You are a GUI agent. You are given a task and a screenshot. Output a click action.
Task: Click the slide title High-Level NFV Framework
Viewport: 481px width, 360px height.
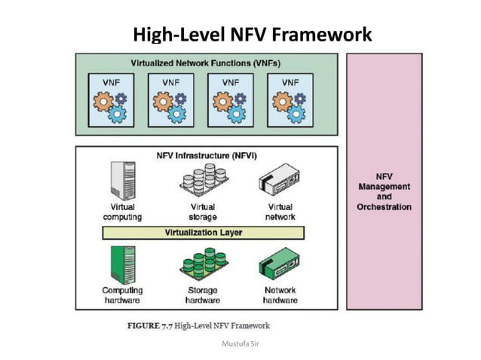click(x=252, y=35)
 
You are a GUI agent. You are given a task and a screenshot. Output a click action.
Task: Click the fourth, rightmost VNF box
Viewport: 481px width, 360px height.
click(x=290, y=100)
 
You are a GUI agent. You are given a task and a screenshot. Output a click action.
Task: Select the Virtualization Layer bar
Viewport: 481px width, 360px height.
click(x=204, y=233)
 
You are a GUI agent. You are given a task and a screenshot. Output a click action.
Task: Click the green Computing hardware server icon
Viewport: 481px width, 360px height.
click(x=122, y=263)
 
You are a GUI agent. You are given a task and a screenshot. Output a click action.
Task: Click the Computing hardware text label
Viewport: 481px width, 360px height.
click(x=122, y=295)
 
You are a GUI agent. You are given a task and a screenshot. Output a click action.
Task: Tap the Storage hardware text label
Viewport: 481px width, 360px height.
click(x=202, y=295)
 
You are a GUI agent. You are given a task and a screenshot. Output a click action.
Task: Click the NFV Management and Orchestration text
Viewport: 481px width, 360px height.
click(x=384, y=191)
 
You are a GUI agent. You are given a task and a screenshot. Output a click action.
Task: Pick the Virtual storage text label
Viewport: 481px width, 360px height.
click(x=202, y=212)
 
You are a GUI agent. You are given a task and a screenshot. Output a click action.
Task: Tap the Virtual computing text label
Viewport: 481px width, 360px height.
click(x=123, y=212)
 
